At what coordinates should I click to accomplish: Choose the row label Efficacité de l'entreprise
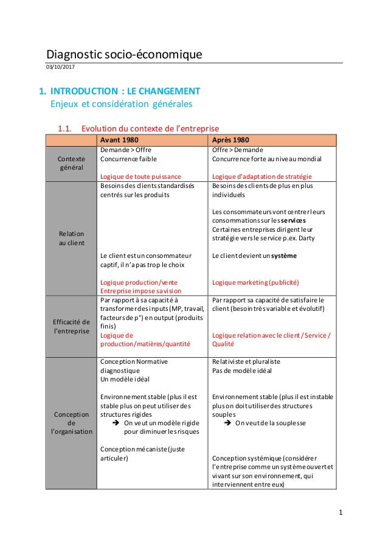coord(71,326)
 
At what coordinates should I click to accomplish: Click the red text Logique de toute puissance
coord(140,176)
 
